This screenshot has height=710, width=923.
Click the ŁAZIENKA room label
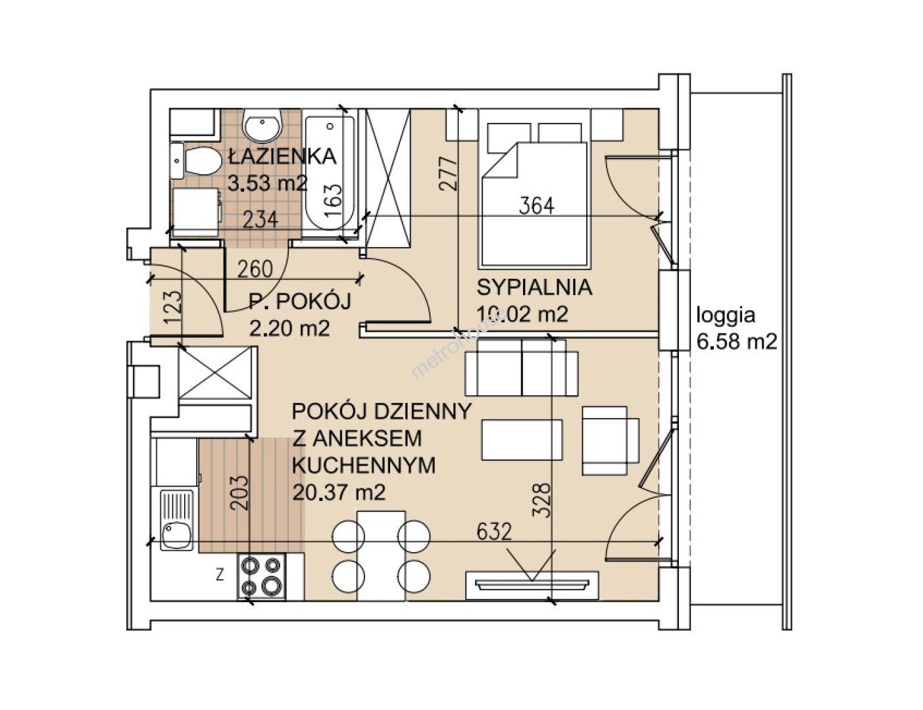click(x=282, y=156)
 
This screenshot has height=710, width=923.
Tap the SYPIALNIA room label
click(x=534, y=287)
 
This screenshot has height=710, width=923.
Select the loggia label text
click(x=726, y=316)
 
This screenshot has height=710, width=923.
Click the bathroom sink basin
click(x=262, y=125)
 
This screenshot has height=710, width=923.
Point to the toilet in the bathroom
click(x=195, y=161)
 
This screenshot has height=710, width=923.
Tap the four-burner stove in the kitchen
click(x=261, y=577)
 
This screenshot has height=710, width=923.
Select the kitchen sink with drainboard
click(x=176, y=520)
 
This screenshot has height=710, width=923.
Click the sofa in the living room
click(x=522, y=367)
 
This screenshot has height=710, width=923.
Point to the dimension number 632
click(x=493, y=532)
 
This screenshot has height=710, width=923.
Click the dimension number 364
click(x=537, y=206)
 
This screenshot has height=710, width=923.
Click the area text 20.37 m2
click(x=339, y=492)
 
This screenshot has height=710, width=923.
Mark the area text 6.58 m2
click(x=737, y=341)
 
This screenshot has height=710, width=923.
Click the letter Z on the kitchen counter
click(x=220, y=576)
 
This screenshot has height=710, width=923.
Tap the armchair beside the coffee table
click(x=611, y=440)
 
